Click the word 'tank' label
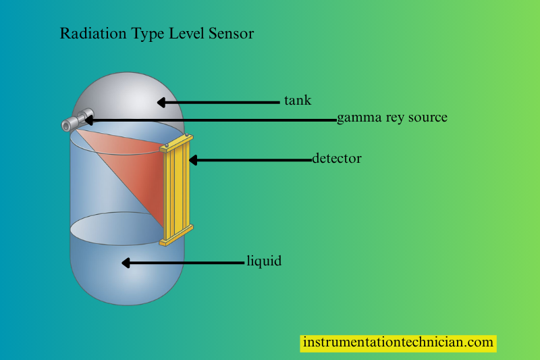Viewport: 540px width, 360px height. [x=297, y=101]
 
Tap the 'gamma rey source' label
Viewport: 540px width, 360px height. [x=392, y=118]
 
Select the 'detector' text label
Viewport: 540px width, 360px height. [x=337, y=159]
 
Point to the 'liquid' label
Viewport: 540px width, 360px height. [x=264, y=261]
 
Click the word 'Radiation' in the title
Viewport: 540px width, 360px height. [x=90, y=33]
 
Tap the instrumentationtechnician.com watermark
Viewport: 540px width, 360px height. [x=398, y=342]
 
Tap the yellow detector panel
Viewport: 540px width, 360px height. [x=177, y=189]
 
